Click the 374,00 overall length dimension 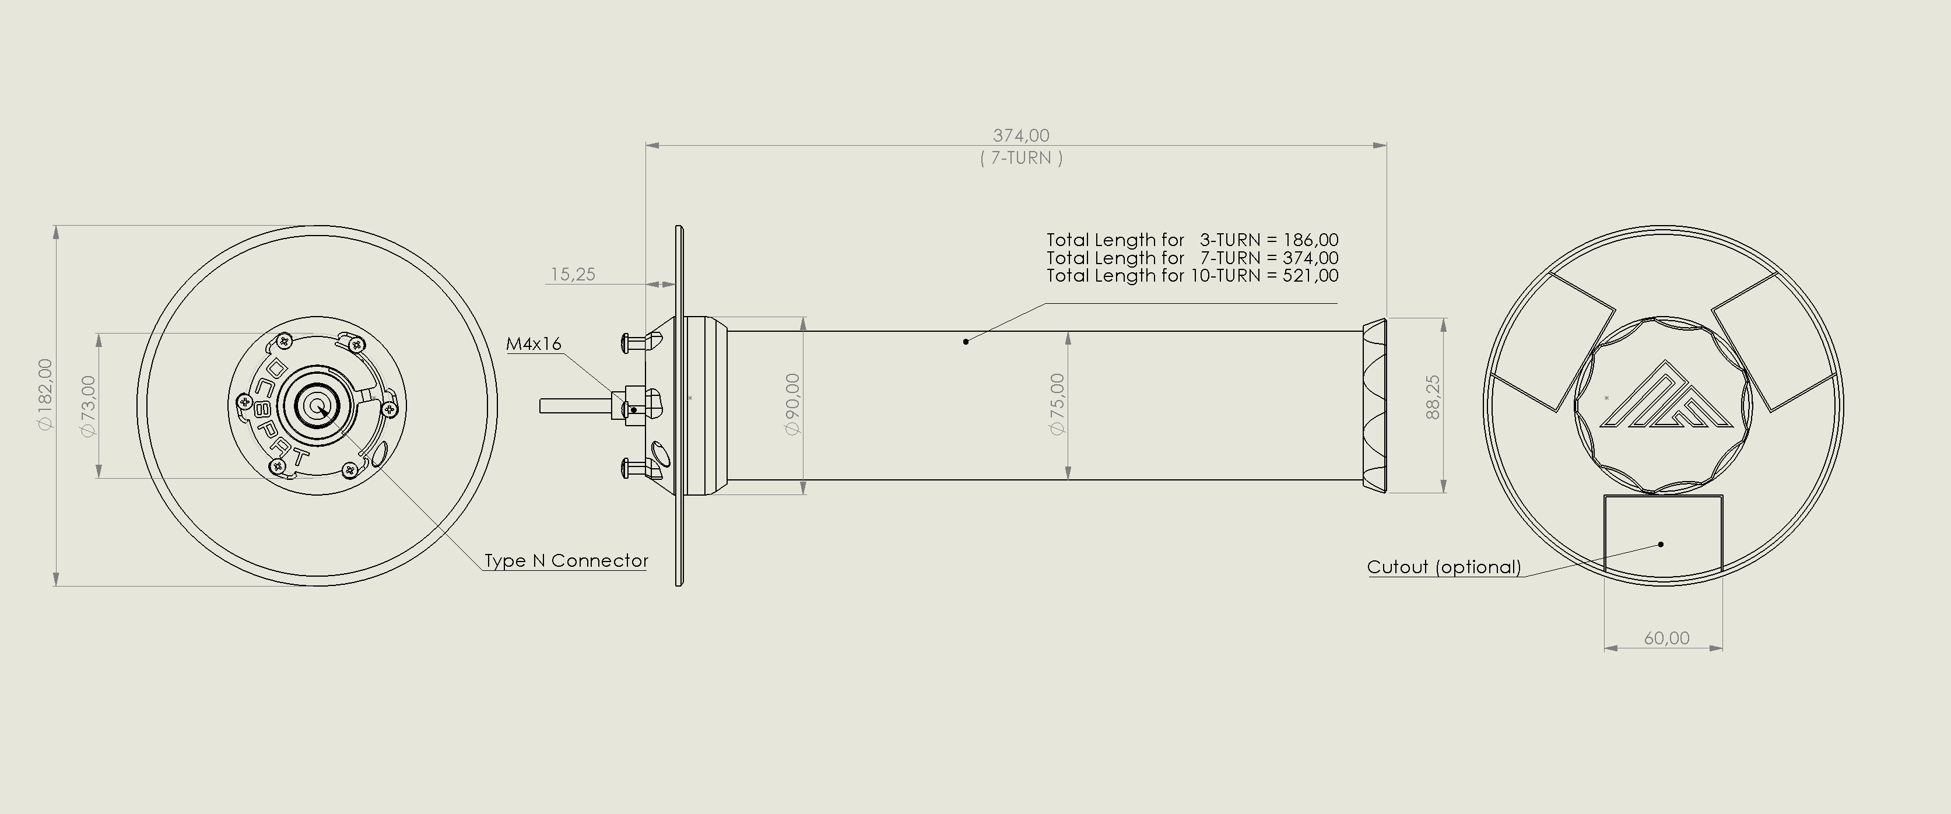(1021, 135)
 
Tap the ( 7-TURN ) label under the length (1021, 158)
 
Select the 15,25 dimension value (573, 275)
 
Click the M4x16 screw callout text (534, 344)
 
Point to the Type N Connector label (566, 561)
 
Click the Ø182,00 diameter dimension (46, 395)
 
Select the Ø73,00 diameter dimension (89, 406)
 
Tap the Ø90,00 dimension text (793, 404)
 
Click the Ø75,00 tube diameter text (1058, 404)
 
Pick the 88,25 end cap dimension (1433, 397)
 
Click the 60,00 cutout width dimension (1666, 638)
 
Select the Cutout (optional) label (1444, 567)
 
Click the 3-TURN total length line (1192, 240)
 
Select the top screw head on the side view (626, 342)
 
